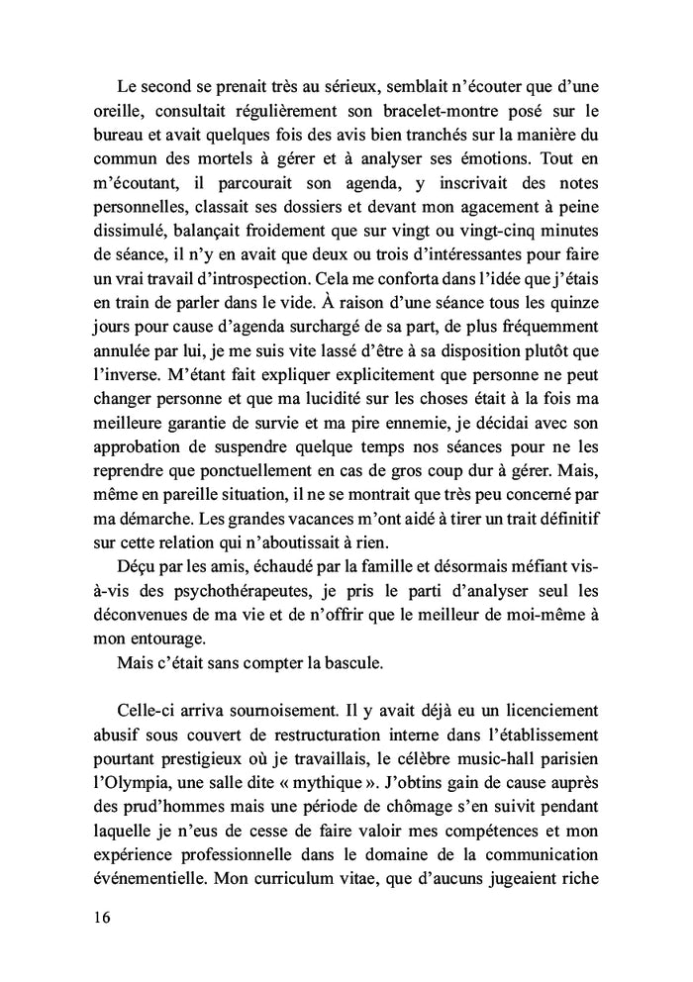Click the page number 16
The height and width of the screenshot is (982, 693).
[x=96, y=916]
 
